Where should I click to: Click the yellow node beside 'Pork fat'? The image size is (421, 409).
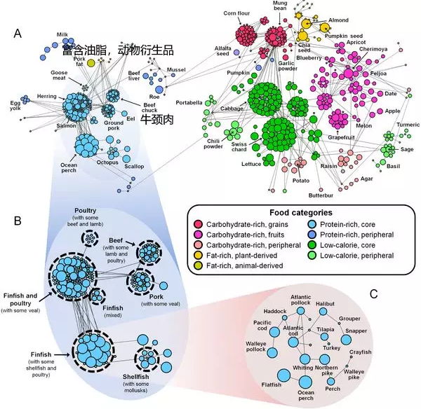(x=91, y=64)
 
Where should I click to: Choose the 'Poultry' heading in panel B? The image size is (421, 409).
(x=89, y=212)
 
